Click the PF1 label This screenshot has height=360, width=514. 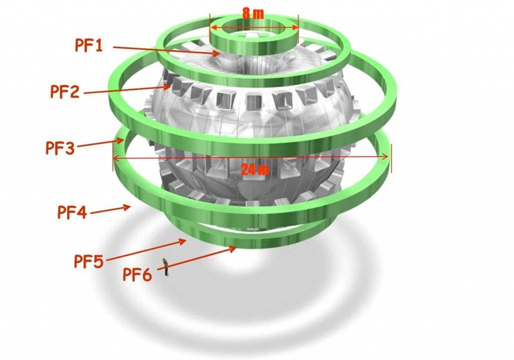point(89,45)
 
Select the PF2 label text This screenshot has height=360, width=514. point(65,91)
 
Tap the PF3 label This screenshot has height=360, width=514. point(60,148)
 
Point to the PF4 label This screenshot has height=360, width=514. point(72,212)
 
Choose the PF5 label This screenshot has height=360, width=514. point(88,261)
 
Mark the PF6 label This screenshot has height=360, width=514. point(138,275)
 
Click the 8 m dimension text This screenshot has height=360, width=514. point(253,13)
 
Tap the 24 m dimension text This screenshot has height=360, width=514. point(255,170)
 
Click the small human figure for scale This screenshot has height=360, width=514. point(165,267)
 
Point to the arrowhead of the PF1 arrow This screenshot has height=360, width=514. point(216,53)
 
